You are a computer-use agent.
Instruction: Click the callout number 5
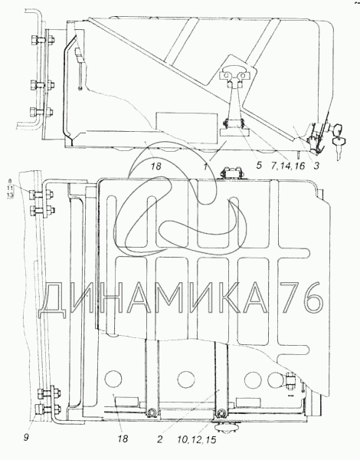pyautogui.click(x=258, y=165)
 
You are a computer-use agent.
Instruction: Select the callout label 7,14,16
pyautogui.click(x=288, y=166)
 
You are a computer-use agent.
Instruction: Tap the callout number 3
pyautogui.click(x=316, y=166)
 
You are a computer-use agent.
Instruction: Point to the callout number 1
pyautogui.click(x=206, y=166)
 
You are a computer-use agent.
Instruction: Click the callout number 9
pyautogui.click(x=26, y=438)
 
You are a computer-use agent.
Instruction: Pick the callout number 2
pyautogui.click(x=160, y=440)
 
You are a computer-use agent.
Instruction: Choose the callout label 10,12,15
pyautogui.click(x=196, y=440)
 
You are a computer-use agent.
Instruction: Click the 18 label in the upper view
pyautogui.click(x=156, y=166)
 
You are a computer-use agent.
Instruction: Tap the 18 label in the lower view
pyautogui.click(x=123, y=439)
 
